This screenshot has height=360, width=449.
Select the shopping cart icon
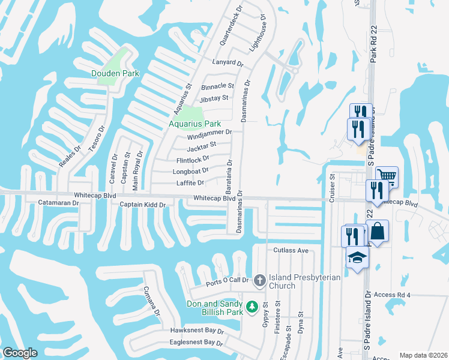387,176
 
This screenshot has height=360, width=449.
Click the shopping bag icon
377,230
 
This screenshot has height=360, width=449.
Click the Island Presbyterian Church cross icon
259,280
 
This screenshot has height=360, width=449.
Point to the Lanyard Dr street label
228,63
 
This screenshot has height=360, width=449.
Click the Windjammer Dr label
209,132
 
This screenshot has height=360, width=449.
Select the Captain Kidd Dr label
142,205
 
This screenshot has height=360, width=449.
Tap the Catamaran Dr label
59,203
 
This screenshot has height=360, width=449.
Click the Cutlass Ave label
291,250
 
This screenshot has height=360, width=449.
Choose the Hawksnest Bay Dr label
197,331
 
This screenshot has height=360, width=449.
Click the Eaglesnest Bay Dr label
196,342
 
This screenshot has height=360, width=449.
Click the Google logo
20,353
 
